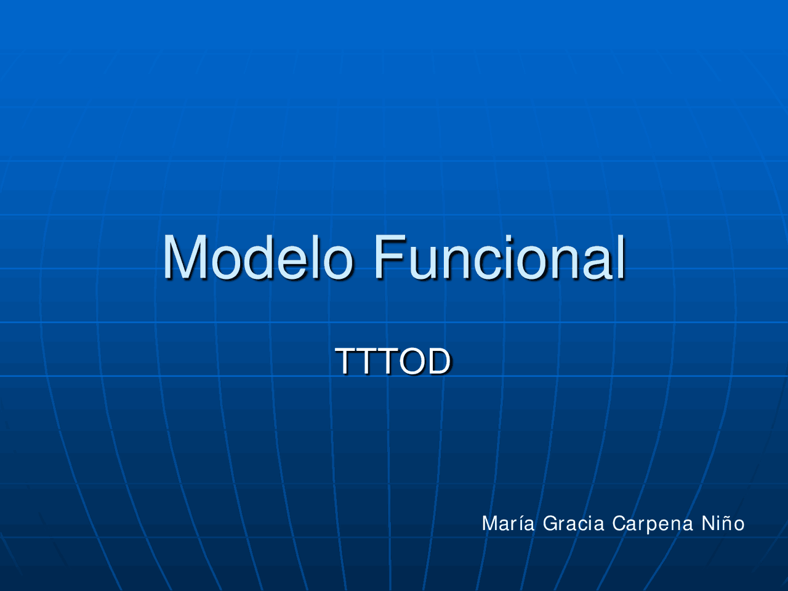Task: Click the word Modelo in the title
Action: click(258, 257)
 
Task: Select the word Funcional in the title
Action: click(499, 257)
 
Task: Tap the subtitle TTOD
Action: click(393, 361)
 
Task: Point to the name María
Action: click(508, 523)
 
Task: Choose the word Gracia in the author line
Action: click(573, 523)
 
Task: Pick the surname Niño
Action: click(723, 523)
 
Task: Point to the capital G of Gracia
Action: click(550, 523)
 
